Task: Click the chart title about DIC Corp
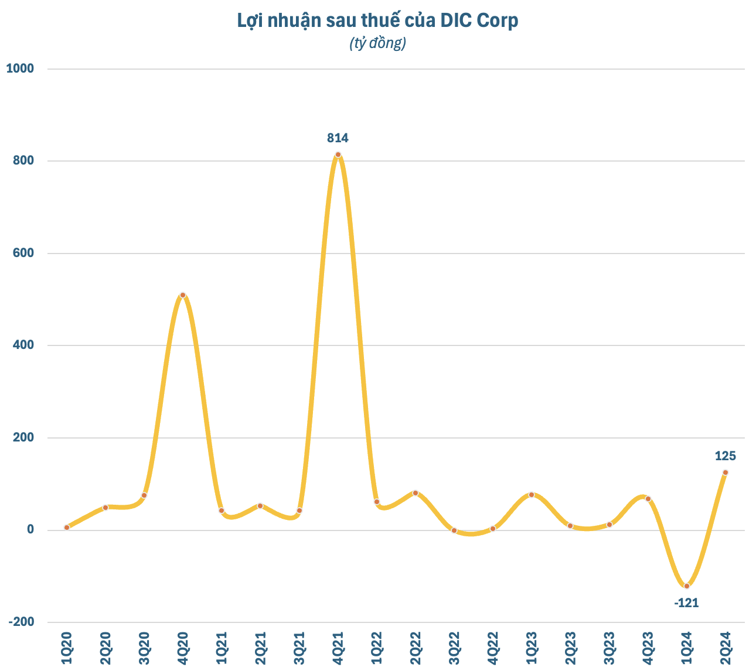click(x=377, y=20)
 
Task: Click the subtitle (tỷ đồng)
click(x=377, y=43)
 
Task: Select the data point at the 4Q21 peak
click(x=338, y=155)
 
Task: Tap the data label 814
click(x=338, y=138)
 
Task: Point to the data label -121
click(x=686, y=602)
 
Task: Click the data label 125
click(x=725, y=456)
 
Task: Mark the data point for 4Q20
click(x=183, y=295)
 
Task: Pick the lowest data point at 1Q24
click(x=687, y=586)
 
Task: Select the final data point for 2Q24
click(x=726, y=473)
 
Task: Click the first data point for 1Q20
click(x=67, y=528)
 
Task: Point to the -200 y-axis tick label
click(x=21, y=622)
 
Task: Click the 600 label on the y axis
click(x=23, y=253)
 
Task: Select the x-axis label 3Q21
click(x=299, y=647)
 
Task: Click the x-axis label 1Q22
click(x=376, y=647)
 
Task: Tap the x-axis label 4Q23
click(x=648, y=647)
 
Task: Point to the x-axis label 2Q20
click(x=105, y=647)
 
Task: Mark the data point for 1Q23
click(x=532, y=495)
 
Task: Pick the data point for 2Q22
click(x=416, y=493)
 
